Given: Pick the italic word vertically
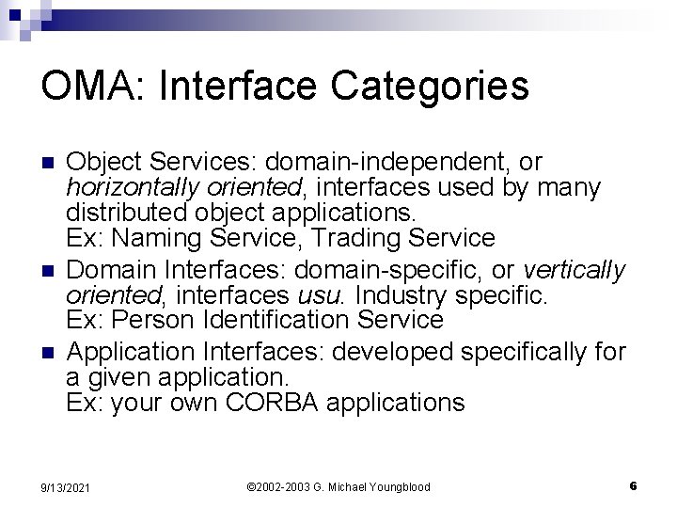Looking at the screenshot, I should click(x=574, y=271).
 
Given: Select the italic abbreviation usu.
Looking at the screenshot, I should click(x=328, y=296).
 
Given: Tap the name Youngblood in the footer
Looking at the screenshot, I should click(x=396, y=487).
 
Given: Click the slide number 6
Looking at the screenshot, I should click(x=634, y=486).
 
